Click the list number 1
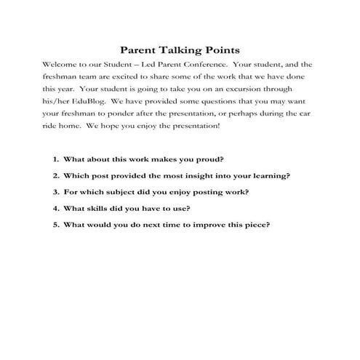[x=55, y=159]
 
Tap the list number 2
[x=55, y=175]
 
